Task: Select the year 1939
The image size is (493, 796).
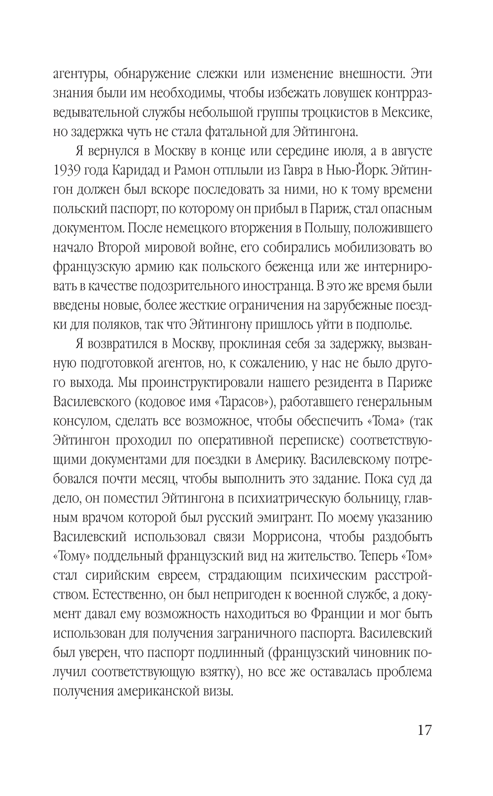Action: click(x=70, y=170)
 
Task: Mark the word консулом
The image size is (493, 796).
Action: click(x=80, y=421)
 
